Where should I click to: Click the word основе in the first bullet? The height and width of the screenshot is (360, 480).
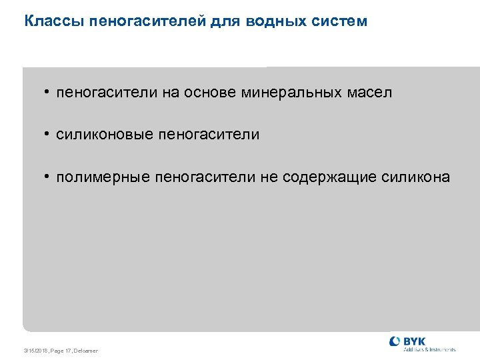tap(215, 93)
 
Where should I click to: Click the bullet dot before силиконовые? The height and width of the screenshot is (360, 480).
tap(48, 134)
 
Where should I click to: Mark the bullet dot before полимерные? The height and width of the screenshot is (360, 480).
tap(48, 177)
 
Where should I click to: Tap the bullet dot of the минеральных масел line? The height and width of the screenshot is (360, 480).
tap(48, 92)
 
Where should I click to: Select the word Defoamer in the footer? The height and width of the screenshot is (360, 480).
tap(86, 351)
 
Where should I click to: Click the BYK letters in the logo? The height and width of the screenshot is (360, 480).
tap(415, 341)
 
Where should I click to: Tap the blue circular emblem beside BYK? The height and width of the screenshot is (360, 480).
tap(395, 342)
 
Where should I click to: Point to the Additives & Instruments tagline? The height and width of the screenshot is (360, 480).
tap(430, 349)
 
